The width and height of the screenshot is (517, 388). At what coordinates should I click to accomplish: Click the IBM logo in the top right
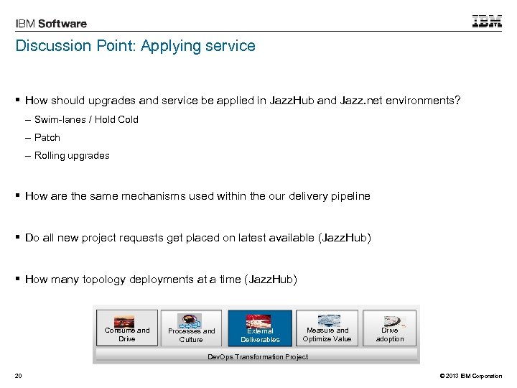pyautogui.click(x=487, y=22)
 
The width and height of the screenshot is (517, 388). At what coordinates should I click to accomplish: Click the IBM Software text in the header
pyautogui.click(x=51, y=23)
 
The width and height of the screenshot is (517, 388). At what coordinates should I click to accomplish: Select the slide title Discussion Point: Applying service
pyautogui.click(x=136, y=46)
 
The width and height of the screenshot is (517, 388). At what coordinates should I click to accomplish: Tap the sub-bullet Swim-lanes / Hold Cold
pyautogui.click(x=86, y=119)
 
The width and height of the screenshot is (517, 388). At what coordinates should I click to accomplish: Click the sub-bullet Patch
pyautogui.click(x=47, y=137)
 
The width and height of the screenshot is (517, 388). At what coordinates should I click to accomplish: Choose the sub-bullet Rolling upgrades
pyautogui.click(x=72, y=155)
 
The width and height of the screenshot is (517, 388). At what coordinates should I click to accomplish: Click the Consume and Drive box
pyautogui.click(x=126, y=328)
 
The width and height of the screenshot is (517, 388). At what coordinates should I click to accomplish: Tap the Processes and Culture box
pyautogui.click(x=191, y=328)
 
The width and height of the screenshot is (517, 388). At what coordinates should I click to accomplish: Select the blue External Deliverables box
pyautogui.click(x=260, y=328)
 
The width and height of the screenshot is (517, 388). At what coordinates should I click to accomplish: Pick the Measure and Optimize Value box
pyautogui.click(x=327, y=328)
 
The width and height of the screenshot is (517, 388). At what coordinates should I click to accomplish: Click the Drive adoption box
pyautogui.click(x=390, y=328)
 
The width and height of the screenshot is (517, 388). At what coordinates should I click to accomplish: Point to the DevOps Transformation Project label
pyautogui.click(x=258, y=356)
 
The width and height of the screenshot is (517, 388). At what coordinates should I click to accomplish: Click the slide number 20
pyautogui.click(x=18, y=376)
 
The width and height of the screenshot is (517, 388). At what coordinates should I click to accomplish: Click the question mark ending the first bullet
pyautogui.click(x=458, y=101)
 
